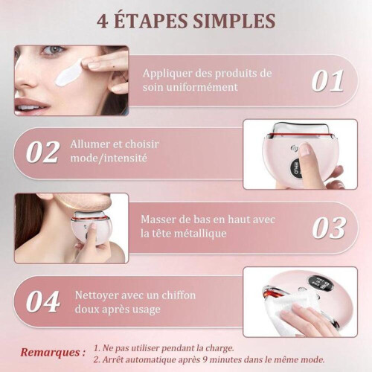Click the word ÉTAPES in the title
[152, 21]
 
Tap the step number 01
[327, 81]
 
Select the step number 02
[42, 152]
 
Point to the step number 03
[329, 228]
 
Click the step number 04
[43, 301]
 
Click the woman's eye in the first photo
[53, 50]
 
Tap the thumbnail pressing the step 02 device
[305, 150]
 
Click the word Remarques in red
[51, 353]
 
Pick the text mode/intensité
[109, 158]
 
